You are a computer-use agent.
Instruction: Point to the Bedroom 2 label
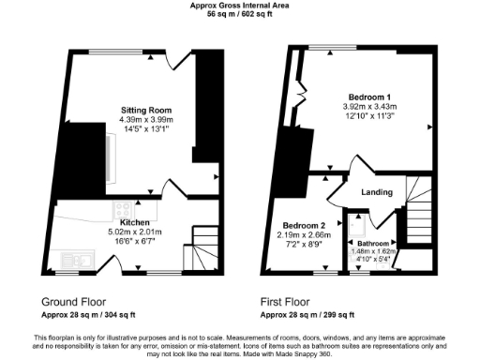(x=305, y=226)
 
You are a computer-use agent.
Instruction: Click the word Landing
(x=376, y=193)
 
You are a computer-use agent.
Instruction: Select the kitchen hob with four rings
(x=121, y=209)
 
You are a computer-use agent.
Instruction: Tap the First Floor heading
(x=285, y=302)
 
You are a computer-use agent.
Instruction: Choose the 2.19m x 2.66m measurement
(x=305, y=235)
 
